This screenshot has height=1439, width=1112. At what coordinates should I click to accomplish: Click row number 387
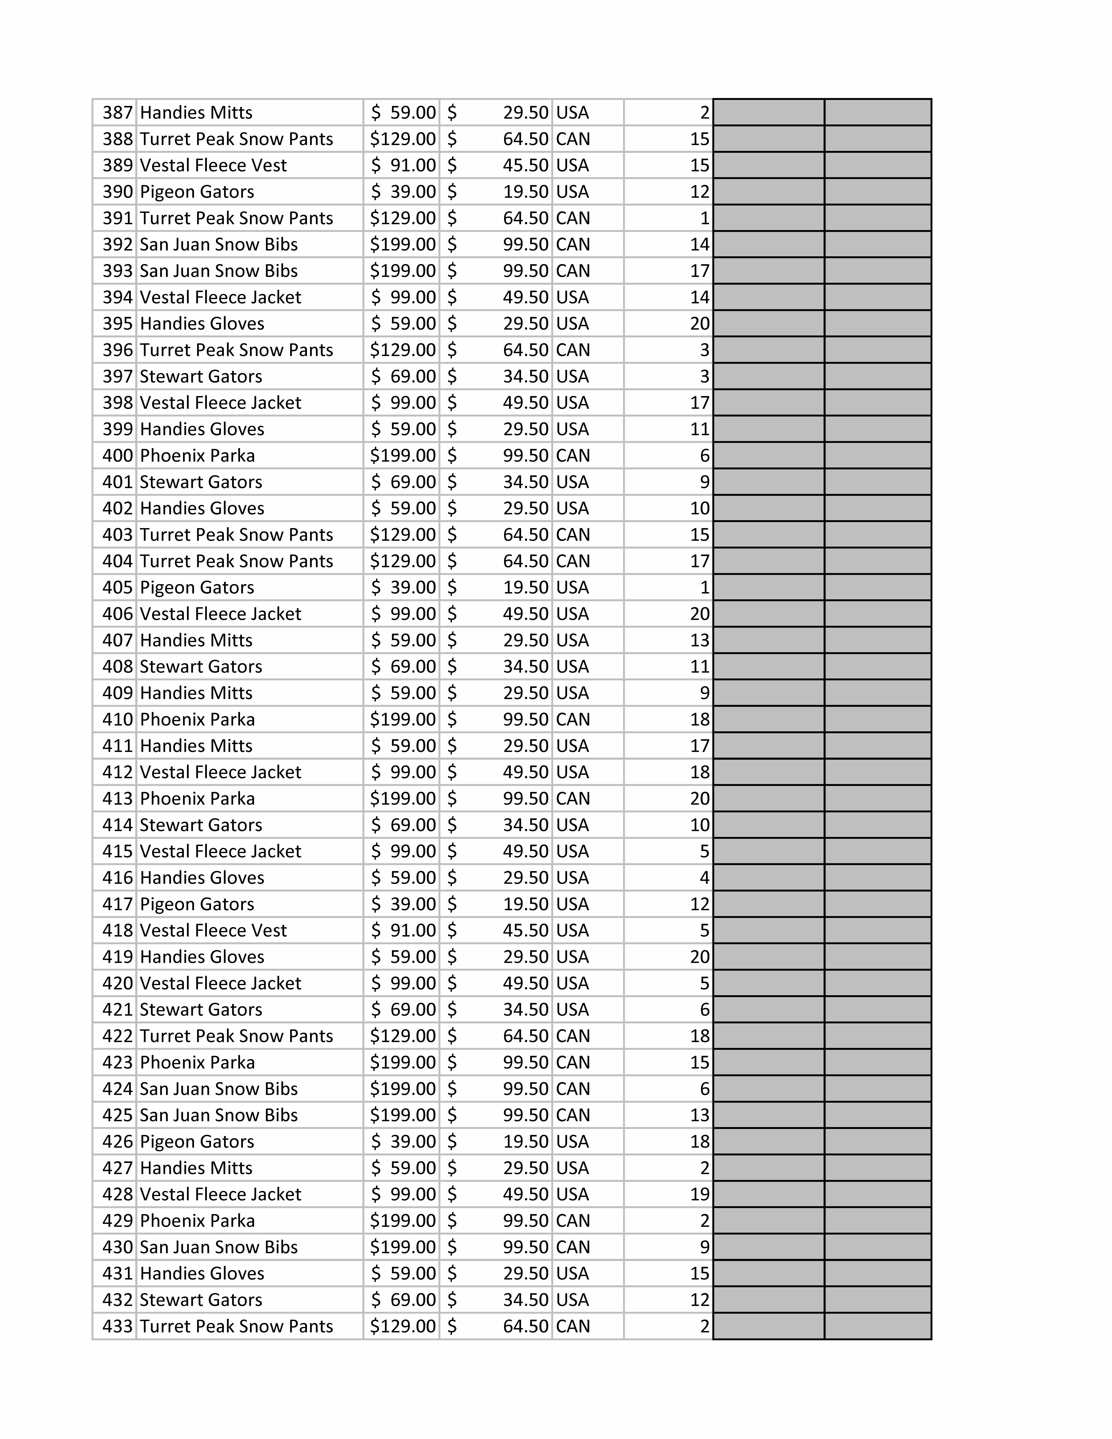[117, 113]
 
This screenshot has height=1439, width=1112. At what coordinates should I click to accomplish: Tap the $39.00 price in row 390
[403, 192]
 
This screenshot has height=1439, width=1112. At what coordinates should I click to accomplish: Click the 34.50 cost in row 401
[525, 482]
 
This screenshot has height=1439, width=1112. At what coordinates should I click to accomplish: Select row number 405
[117, 587]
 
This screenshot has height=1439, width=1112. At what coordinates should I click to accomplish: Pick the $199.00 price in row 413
[402, 799]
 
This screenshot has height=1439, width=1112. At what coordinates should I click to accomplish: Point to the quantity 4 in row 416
[704, 878]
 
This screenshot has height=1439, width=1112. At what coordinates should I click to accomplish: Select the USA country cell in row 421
[572, 1009]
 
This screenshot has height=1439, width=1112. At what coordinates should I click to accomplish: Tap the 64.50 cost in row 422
[525, 1036]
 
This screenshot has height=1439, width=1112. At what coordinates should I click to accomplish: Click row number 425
[117, 1115]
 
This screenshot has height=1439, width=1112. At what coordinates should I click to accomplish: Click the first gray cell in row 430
[768, 1247]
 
